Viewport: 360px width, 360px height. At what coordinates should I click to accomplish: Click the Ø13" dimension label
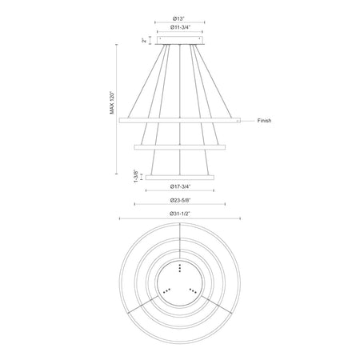tap(178, 18)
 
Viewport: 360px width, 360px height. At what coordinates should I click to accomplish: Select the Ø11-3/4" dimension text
tap(180, 27)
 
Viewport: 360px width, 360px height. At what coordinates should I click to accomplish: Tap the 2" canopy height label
tap(144, 40)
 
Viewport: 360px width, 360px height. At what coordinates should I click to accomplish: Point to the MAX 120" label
tap(112, 103)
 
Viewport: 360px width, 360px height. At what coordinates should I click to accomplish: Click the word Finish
tap(264, 121)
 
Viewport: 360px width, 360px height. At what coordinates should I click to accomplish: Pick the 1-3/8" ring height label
tap(136, 176)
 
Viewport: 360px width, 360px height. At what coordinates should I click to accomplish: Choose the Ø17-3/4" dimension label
tap(180, 186)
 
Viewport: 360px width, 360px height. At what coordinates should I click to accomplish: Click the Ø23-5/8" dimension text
tap(180, 200)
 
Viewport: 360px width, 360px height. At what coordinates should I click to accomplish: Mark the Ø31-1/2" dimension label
tap(180, 214)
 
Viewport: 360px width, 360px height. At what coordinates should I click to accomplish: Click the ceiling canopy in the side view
tap(180, 40)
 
